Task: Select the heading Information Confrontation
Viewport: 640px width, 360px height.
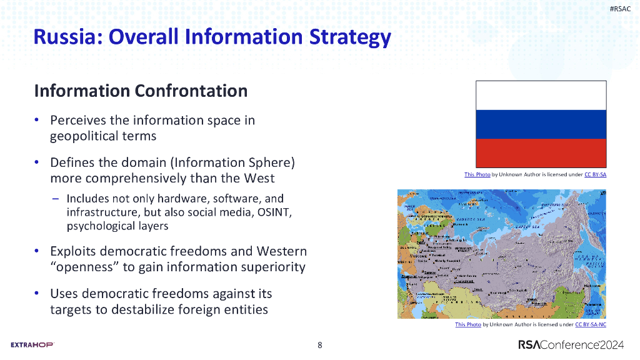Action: (141, 91)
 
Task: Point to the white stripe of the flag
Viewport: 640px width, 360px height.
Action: (541, 95)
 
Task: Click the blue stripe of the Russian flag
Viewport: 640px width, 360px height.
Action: (541, 124)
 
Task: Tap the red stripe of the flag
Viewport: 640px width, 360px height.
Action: (541, 152)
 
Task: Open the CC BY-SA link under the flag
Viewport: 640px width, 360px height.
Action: (595, 174)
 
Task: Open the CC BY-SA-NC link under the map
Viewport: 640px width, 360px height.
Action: (591, 324)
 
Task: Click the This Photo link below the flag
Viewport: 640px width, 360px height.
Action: (477, 174)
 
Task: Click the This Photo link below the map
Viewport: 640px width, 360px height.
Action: (468, 324)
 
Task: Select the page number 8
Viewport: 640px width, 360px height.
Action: (320, 345)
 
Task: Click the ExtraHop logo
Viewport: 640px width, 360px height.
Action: (32, 345)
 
